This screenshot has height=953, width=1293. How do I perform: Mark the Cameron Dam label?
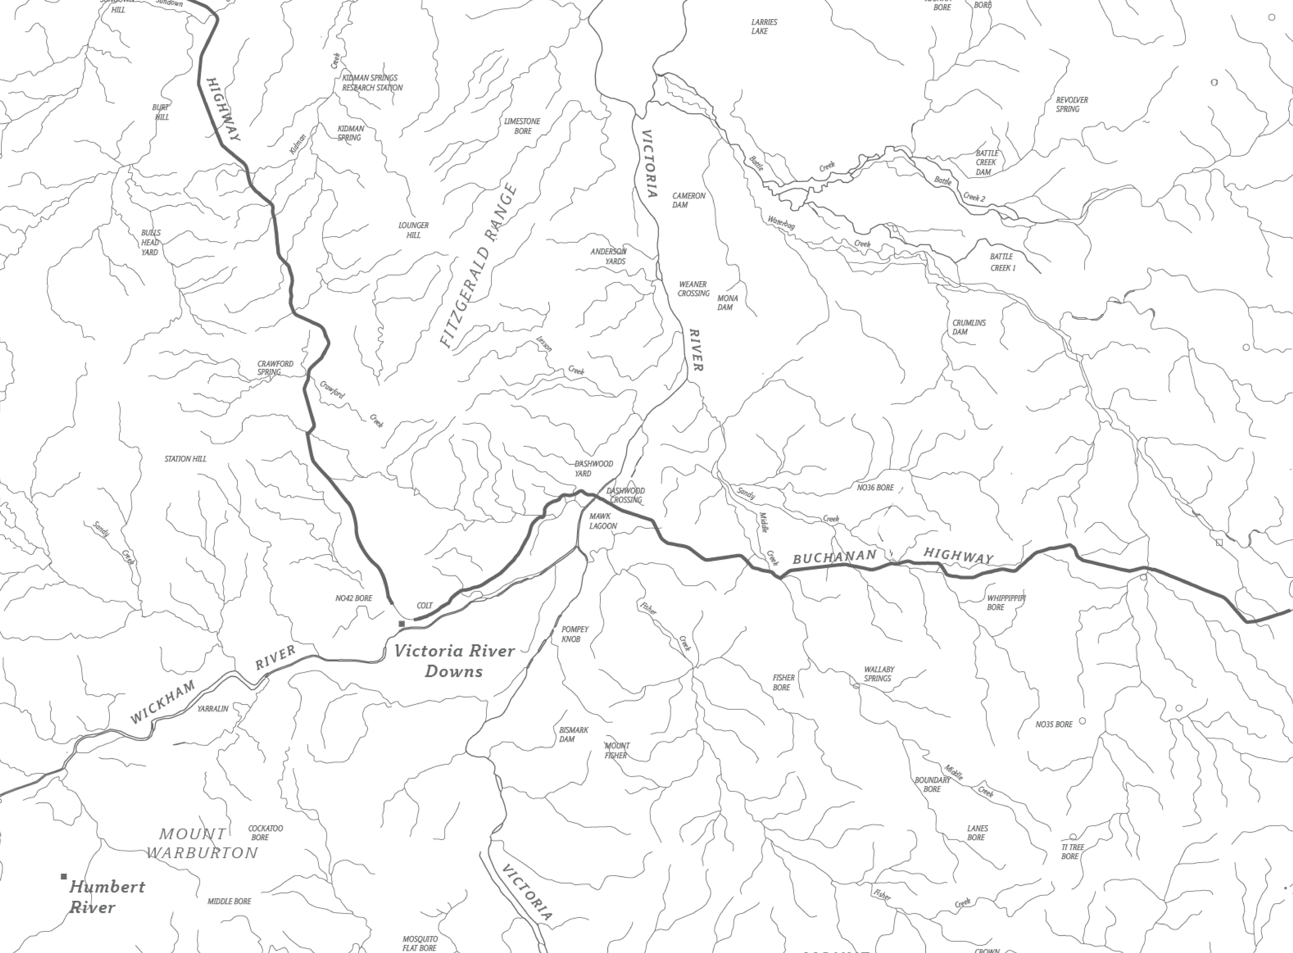pos(689,200)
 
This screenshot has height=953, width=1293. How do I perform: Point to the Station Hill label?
pos(185,459)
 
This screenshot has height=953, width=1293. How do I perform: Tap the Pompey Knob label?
pos(574,634)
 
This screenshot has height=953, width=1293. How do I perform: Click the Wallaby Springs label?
pos(879,674)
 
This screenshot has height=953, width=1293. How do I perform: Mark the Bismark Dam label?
pos(573,734)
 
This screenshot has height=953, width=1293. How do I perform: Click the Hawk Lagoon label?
pos(603,521)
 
